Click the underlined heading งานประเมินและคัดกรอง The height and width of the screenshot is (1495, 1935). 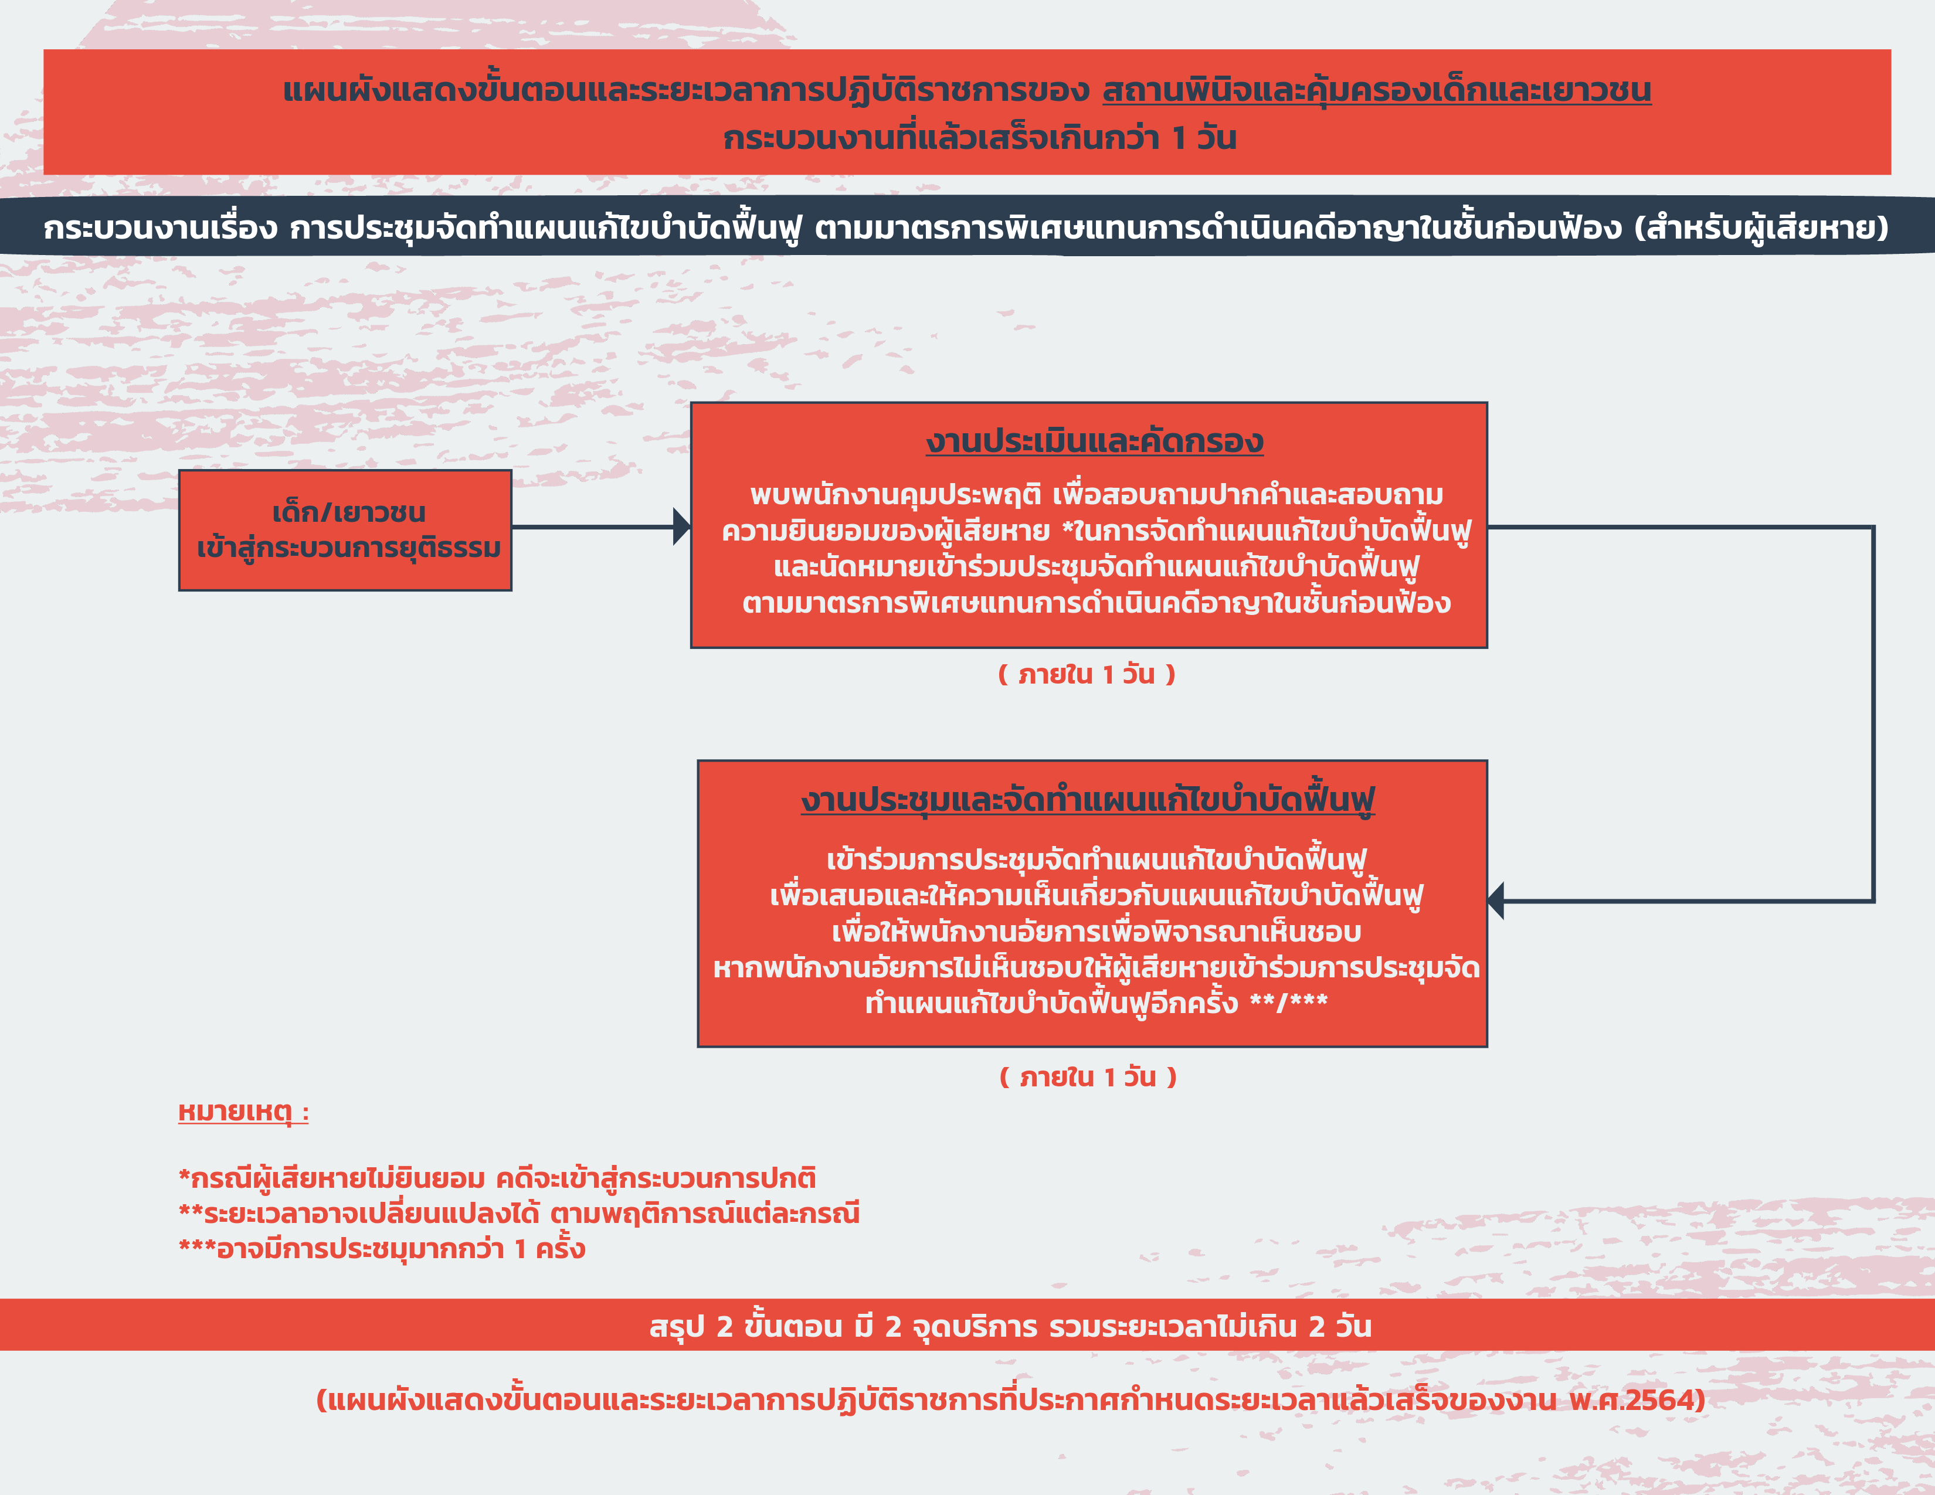coord(1094,441)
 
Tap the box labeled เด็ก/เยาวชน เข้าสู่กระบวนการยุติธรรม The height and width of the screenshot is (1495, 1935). coord(345,529)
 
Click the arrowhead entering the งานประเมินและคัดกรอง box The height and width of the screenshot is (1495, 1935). coord(682,527)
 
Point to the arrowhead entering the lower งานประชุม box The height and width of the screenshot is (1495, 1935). coord(1496,901)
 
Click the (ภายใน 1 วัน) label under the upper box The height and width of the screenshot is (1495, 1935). coord(1087,674)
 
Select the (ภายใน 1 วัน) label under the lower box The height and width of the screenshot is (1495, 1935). coord(1088,1077)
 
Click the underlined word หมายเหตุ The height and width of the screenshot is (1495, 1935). coord(244,1112)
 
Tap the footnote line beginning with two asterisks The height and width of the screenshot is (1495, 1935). coord(519,1214)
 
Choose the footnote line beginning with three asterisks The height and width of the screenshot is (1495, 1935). coord(382,1249)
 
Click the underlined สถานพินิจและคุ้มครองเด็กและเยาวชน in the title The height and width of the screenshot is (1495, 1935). coord(1377,90)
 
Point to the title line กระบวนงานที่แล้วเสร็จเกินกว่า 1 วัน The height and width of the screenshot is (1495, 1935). coord(980,138)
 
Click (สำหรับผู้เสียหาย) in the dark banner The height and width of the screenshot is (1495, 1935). coord(1761,227)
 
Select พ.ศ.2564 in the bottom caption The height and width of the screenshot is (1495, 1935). coord(1637,1400)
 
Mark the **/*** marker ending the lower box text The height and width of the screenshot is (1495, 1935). coord(1288,1003)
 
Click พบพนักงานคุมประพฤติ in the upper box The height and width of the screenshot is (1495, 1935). coord(895,495)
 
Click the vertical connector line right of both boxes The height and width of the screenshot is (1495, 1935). coord(1873,714)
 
